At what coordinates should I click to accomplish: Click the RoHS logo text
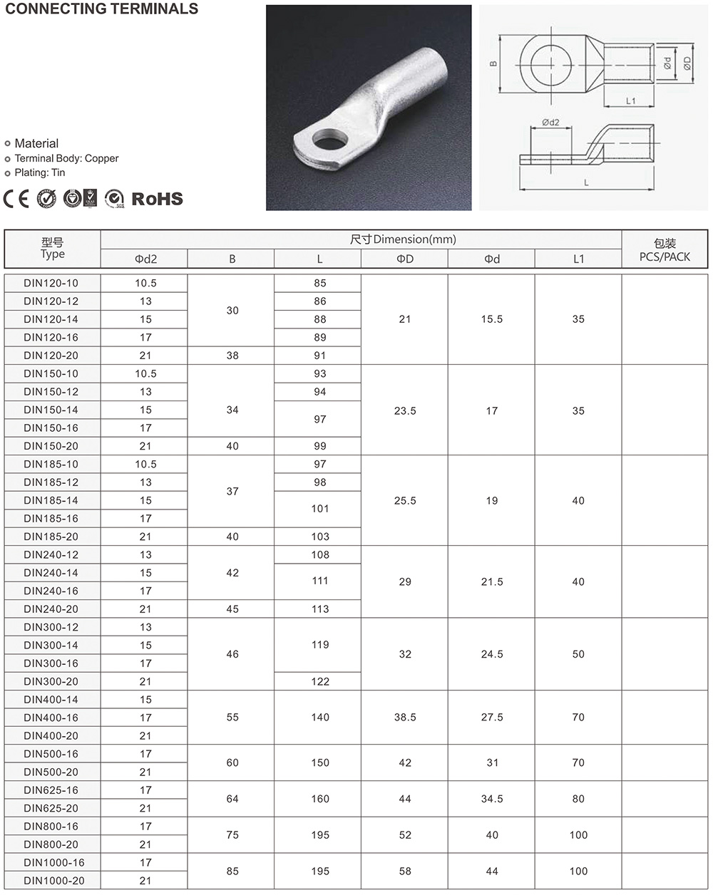coord(157,199)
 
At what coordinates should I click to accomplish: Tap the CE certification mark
coord(16,198)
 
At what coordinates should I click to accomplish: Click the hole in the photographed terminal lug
coord(328,138)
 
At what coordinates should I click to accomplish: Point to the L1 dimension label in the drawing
coord(630,101)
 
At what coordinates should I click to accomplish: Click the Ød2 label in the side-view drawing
coord(550,123)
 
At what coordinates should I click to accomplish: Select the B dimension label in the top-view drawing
coord(493,64)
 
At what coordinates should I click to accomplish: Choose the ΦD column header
coord(405,259)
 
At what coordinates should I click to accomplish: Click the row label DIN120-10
coord(51,283)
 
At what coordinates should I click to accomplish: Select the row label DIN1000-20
coord(53,881)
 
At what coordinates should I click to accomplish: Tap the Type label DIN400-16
coord(51,718)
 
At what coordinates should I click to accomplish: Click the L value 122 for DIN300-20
coord(320,681)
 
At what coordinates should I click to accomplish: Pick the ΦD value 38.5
coord(405,718)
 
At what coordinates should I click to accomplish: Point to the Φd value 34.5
coord(492,799)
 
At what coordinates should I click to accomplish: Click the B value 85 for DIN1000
coord(232,871)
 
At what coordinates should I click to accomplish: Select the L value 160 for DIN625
coord(320,799)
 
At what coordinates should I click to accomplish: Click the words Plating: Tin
coord(40,172)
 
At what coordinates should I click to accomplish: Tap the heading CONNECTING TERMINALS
coord(102,9)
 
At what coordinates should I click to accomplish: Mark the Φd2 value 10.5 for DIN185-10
coord(145,464)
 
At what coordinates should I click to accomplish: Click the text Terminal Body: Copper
coord(66,158)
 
